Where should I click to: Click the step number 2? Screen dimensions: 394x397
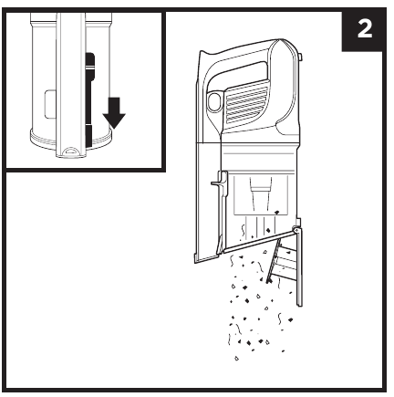pyautogui.click(x=365, y=29)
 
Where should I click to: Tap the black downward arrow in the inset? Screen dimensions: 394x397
pyautogui.click(x=114, y=113)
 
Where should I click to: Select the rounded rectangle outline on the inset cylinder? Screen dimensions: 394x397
pyautogui.click(x=50, y=104)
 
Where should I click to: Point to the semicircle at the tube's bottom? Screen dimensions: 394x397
pyautogui.click(x=71, y=151)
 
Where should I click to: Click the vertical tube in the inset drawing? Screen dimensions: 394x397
pyautogui.click(x=71, y=85)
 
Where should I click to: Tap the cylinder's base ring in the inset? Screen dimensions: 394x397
pyautogui.click(x=70, y=140)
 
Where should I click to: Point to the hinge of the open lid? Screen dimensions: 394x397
pyautogui.click(x=295, y=230)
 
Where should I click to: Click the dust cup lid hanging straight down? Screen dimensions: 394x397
pyautogui.click(x=299, y=267)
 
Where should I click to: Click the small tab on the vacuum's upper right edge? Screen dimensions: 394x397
pyautogui.click(x=300, y=57)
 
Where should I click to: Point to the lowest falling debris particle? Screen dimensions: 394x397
pyautogui.click(x=236, y=358)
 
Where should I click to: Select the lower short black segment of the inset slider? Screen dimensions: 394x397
pyautogui.click(x=88, y=135)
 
